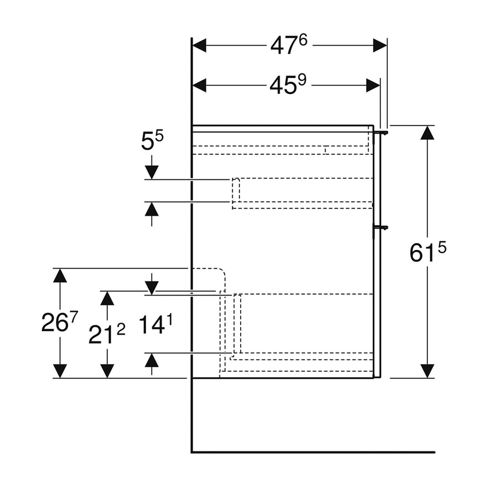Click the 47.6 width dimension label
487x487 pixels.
point(289,45)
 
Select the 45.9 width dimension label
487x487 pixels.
point(289,85)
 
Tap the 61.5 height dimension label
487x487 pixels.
point(427,252)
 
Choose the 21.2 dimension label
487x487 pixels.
point(107,334)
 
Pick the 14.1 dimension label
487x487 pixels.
point(155,325)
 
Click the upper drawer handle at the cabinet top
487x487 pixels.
point(380,132)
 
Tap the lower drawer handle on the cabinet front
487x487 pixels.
point(380,227)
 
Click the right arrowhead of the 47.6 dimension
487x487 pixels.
point(380,45)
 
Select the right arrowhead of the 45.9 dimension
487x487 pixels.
point(374,85)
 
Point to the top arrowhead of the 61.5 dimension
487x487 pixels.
point(427,132)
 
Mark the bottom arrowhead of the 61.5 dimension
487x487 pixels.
point(427,371)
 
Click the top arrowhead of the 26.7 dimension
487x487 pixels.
point(60,276)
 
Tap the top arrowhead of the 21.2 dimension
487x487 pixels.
point(107,298)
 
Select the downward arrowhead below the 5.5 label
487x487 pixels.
point(152,171)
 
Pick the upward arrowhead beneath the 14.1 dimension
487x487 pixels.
point(152,360)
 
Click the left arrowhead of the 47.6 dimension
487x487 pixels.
point(199,45)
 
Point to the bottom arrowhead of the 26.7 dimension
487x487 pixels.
point(60,371)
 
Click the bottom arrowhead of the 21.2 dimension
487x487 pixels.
point(107,371)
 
